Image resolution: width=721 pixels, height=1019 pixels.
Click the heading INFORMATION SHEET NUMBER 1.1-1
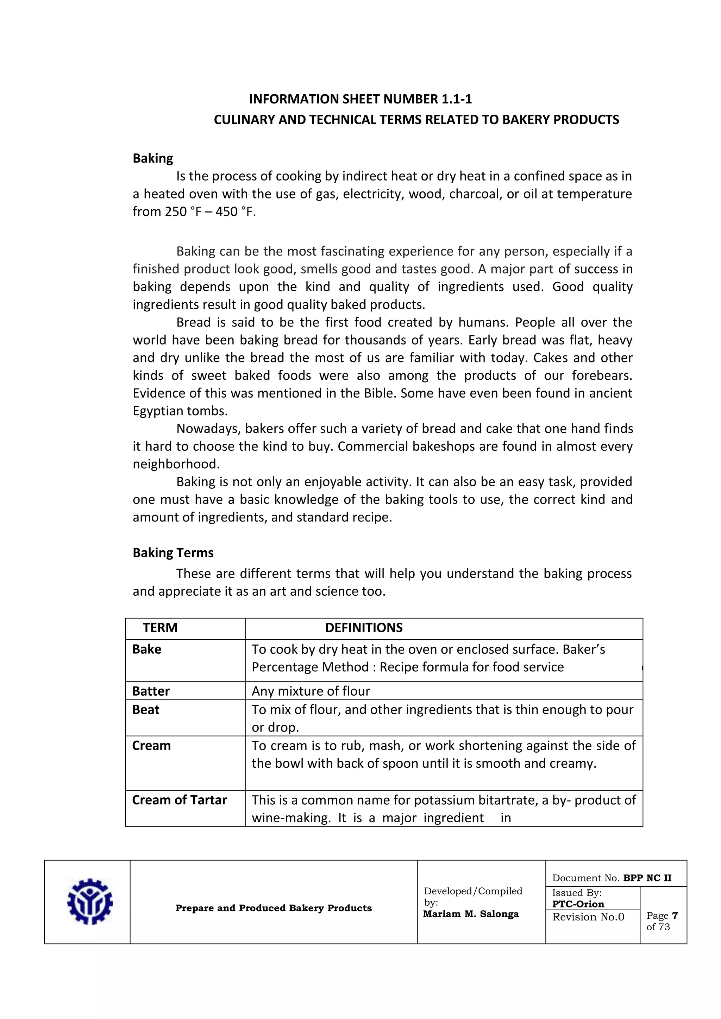pos(360,99)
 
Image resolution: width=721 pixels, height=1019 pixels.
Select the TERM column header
pos(160,628)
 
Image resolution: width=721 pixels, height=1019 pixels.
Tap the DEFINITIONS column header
pos(364,628)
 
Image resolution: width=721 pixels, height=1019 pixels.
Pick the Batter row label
pos(151,691)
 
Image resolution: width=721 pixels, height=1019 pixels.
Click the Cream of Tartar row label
pos(179,800)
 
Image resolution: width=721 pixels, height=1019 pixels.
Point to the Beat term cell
pos(146,710)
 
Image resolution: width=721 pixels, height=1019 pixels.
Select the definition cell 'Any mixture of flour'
pos(311,691)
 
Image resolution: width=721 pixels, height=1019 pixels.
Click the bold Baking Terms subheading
pos(173,552)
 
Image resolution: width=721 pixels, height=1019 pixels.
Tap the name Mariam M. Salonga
pos(471,914)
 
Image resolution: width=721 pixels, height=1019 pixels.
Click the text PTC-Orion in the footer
pos(578,904)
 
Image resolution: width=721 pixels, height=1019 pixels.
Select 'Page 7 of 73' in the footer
pos(662,921)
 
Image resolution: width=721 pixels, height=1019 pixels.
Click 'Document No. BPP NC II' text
pos(612,878)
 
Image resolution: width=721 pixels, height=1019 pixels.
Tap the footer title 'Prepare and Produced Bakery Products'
pos(274,908)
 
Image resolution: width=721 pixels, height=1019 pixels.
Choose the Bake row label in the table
pos(146,649)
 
